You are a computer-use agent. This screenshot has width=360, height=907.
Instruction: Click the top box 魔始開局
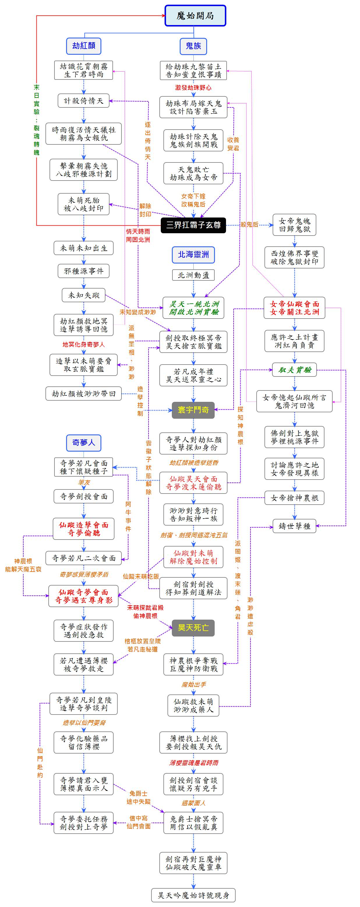[195, 16]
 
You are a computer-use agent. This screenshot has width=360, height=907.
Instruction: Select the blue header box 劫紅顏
[84, 46]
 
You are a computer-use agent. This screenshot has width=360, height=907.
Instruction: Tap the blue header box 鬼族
[193, 46]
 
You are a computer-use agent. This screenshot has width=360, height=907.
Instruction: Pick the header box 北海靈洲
[193, 254]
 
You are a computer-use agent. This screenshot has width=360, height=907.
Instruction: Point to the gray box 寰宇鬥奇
[193, 409]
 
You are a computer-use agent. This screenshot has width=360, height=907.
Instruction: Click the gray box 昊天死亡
[193, 627]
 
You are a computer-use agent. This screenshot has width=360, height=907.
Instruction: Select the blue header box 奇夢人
[84, 443]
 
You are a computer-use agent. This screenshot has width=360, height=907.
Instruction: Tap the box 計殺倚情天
[84, 101]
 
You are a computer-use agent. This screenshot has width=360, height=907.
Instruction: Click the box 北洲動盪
[193, 275]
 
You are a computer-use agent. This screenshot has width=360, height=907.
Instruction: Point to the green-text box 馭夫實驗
[294, 370]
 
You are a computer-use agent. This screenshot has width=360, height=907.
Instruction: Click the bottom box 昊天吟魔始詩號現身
[193, 895]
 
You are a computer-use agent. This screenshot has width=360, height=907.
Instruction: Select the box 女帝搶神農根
[294, 498]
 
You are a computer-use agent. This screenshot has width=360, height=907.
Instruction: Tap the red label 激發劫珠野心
[193, 88]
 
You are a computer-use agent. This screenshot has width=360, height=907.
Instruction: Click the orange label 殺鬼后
[249, 224]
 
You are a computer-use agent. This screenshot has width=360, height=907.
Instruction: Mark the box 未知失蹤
[84, 295]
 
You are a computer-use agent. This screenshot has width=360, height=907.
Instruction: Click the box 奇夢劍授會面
[84, 496]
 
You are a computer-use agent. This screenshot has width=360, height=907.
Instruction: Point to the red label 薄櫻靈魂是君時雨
[194, 763]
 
